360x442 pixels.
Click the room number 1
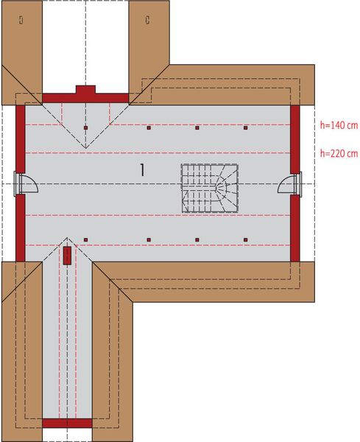[141, 169]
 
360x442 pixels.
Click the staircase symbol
[211, 188]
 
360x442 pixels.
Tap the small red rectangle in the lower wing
[67, 256]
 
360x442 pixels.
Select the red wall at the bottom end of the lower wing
[67, 423]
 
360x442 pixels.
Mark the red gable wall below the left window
[21, 228]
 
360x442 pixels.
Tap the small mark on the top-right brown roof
[148, 19]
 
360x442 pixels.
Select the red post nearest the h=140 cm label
[246, 128]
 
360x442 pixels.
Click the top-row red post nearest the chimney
[86, 128]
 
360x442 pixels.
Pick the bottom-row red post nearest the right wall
[246, 239]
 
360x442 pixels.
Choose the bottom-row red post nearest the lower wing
[86, 239]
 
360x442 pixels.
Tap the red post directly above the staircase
[197, 128]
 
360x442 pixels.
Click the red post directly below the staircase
[197, 239]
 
